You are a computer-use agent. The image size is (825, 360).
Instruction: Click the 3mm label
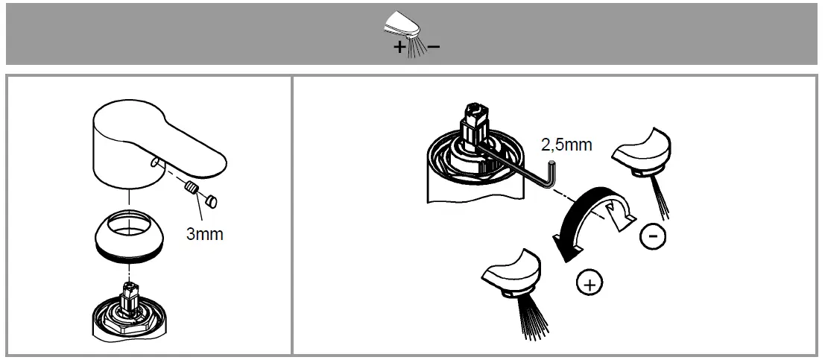point(204,233)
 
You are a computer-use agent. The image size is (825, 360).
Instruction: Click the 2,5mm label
point(566,144)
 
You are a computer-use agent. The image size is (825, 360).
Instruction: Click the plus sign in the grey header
point(400,48)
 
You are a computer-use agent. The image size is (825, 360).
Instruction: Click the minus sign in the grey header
point(433,47)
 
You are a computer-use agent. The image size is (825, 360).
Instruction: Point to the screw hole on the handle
point(152,162)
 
